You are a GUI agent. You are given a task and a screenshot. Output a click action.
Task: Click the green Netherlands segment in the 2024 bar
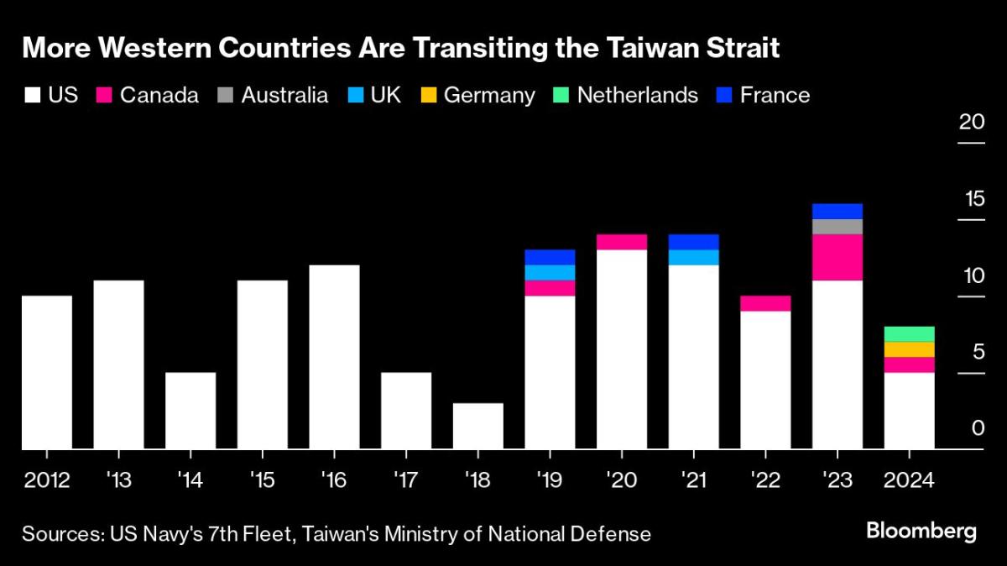point(910,333)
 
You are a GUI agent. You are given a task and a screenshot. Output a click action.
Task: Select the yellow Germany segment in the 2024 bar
point(910,349)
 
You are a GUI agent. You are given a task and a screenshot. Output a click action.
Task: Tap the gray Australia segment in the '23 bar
point(837,227)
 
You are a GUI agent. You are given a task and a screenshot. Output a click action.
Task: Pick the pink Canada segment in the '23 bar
point(837,257)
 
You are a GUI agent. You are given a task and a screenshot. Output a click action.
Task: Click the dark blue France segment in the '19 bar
point(550,257)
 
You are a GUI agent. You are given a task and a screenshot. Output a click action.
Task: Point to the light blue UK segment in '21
point(693,257)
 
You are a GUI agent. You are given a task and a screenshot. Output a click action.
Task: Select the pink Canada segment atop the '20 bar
point(622,242)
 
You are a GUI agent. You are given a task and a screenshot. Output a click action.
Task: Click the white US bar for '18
point(478,426)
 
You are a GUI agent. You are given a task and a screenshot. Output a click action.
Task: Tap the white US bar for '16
point(334,357)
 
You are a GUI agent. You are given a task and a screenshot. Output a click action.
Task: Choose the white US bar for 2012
point(46,372)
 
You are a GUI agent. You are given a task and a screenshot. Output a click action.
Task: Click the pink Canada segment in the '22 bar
point(765,303)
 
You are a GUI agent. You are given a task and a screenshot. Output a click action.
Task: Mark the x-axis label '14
point(190,481)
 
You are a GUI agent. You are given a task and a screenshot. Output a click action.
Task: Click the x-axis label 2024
point(910,481)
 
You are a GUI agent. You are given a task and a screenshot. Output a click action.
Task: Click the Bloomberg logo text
point(921,532)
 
